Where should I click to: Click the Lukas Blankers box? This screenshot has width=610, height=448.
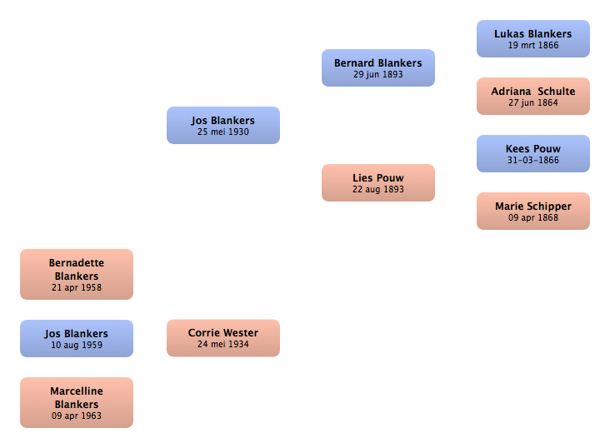[x=533, y=39]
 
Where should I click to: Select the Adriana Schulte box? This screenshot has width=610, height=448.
[x=533, y=96]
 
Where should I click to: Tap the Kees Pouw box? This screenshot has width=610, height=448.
[x=533, y=153]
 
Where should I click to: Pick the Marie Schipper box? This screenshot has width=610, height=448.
[x=533, y=212]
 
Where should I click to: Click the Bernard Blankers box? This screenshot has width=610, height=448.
[x=378, y=67]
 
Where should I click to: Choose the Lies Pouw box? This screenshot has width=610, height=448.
[x=378, y=182]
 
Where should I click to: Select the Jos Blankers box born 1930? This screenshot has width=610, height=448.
[x=223, y=125]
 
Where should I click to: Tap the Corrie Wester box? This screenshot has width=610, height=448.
[x=223, y=338]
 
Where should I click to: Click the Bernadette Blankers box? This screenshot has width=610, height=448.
[x=77, y=274]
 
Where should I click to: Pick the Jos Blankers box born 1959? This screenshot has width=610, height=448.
[x=77, y=338]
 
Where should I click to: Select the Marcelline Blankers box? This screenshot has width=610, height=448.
[x=77, y=402]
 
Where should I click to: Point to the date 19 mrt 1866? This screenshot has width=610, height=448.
[x=533, y=46]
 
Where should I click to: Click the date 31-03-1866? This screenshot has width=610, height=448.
[x=533, y=160]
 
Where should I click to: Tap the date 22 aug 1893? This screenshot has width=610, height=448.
[x=378, y=189]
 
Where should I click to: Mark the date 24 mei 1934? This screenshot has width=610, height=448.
[x=223, y=344]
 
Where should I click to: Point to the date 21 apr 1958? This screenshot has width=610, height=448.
[x=77, y=288]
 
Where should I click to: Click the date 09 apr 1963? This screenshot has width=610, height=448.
[x=77, y=416]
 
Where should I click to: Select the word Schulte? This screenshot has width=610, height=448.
[x=557, y=92]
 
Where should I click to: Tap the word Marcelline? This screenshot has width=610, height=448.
[x=77, y=391]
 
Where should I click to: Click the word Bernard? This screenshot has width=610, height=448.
[x=353, y=63]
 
